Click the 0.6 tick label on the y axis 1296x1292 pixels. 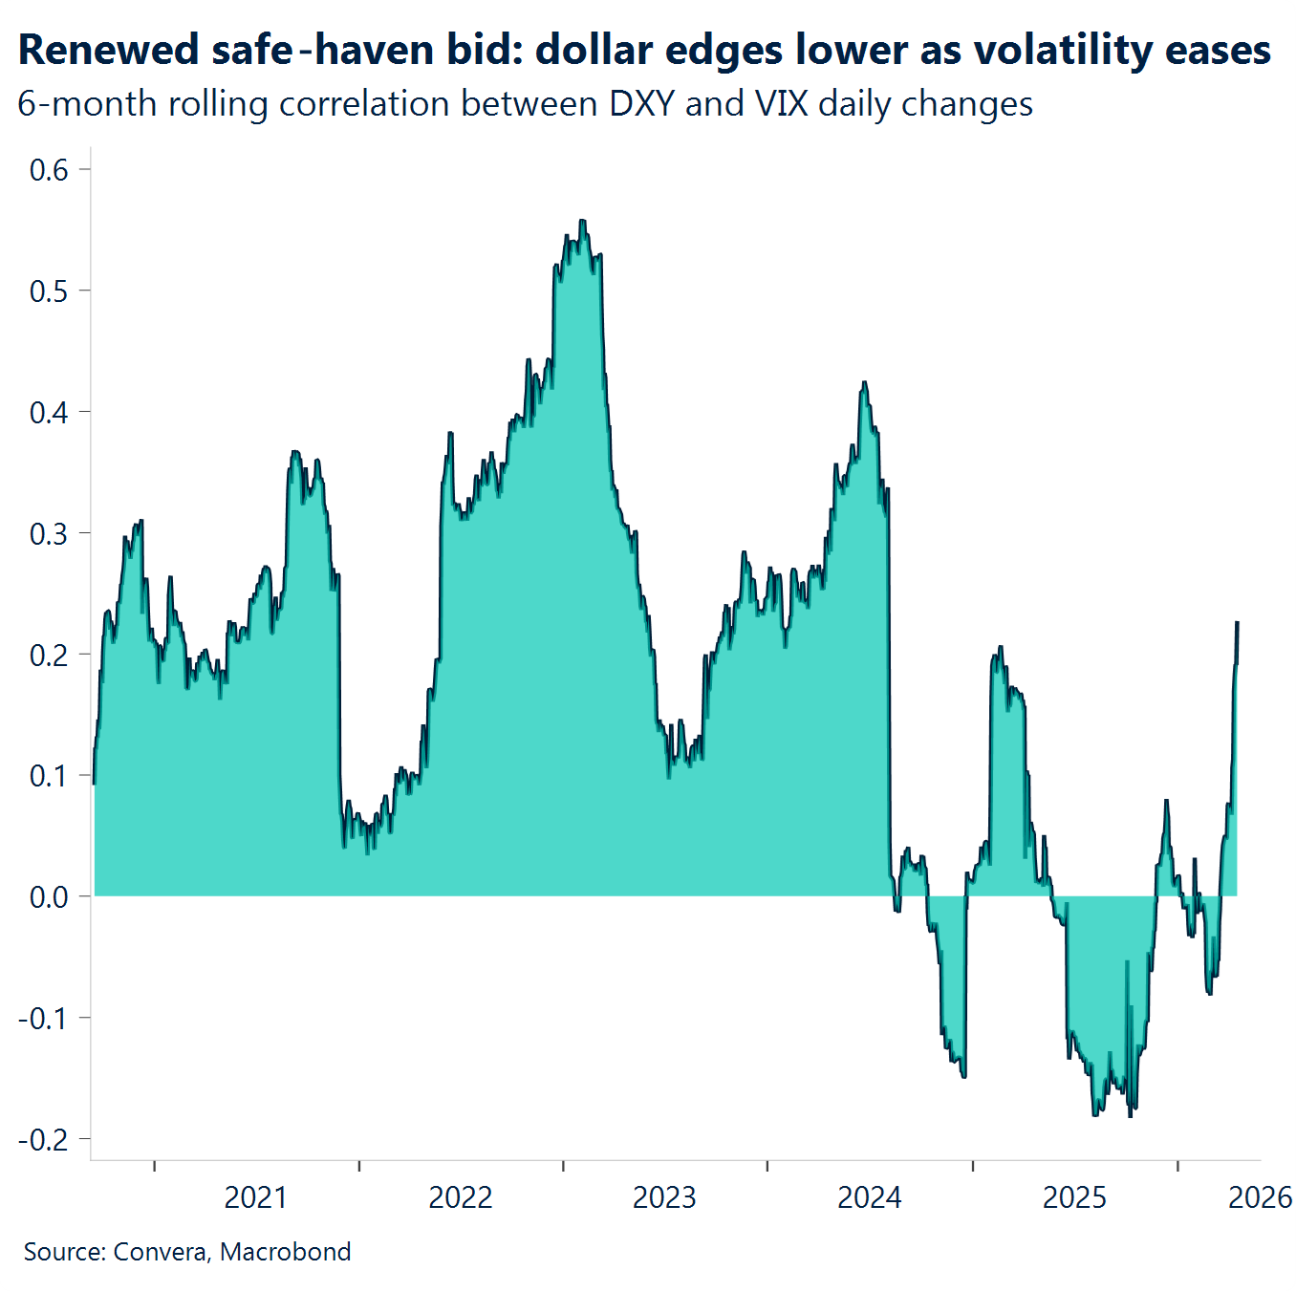tap(49, 170)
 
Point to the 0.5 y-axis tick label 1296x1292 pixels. tap(49, 291)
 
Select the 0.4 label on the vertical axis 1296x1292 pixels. tap(49, 413)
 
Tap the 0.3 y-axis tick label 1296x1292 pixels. tap(49, 534)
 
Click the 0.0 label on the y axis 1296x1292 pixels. tap(49, 897)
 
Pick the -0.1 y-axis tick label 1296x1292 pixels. tap(44, 1019)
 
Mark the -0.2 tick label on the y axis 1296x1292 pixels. tap(44, 1140)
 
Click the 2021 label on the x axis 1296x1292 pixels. tap(255, 1197)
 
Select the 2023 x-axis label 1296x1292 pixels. tap(664, 1197)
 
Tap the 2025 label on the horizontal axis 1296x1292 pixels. tap(1074, 1197)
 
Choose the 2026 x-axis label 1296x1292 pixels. tap(1260, 1197)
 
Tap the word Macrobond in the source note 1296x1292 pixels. tap(285, 1252)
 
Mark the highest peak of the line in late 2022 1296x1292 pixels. tap(582, 221)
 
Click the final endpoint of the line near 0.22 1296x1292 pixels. tap(1237, 623)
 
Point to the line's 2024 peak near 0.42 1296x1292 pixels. tap(864, 383)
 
